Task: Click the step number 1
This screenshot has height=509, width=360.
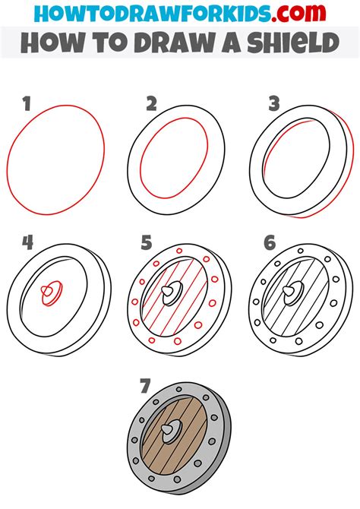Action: [x=27, y=104]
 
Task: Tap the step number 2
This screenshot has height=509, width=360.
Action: [x=151, y=104]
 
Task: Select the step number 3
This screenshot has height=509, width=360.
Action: [x=274, y=104]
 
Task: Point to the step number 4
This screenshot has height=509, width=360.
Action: [x=28, y=242]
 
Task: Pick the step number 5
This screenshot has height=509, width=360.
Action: [x=147, y=242]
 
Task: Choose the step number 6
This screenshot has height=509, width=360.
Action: [x=270, y=242]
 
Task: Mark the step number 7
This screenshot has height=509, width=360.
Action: [x=145, y=386]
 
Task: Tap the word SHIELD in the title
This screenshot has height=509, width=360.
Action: [x=293, y=43]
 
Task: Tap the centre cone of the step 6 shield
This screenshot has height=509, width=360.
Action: [x=289, y=291]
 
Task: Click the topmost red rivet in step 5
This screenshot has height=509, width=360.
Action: [x=179, y=251]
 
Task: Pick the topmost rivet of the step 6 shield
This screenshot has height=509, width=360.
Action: [x=301, y=251]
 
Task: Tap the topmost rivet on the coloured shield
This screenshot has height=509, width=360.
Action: [x=179, y=389]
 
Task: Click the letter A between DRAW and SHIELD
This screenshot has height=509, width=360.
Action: [x=232, y=43]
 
